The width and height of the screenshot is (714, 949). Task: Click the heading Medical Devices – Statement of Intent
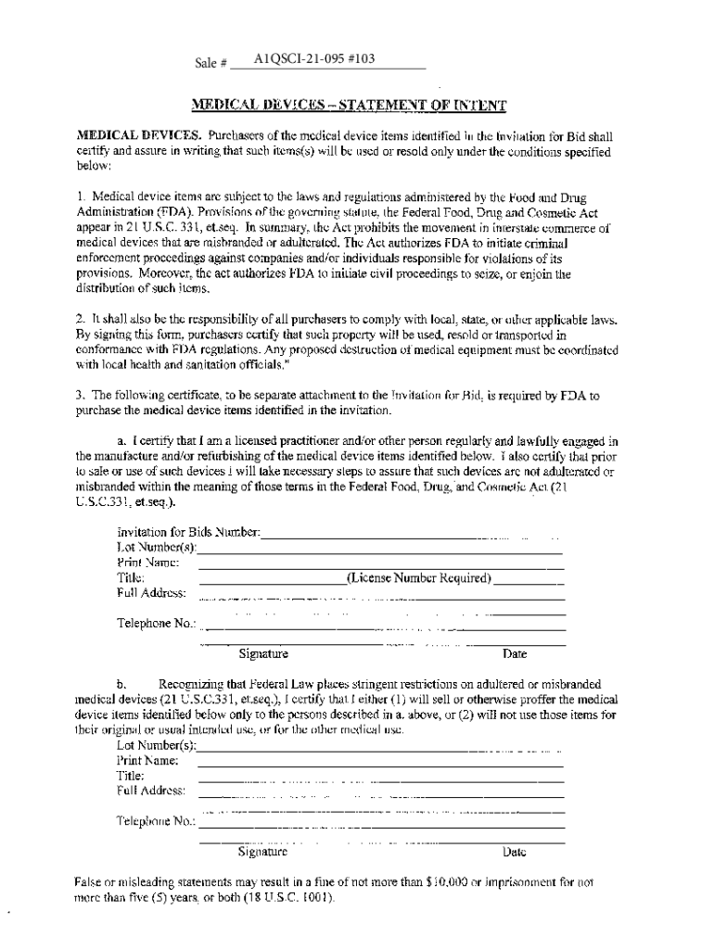[350, 106]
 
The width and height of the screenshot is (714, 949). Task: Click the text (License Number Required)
[418, 578]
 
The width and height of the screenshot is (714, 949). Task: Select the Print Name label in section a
[147, 563]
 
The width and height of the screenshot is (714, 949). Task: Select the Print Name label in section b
[147, 761]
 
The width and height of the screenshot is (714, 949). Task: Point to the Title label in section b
[130, 776]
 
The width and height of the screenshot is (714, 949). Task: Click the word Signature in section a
[263, 653]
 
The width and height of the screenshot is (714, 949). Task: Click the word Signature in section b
[262, 852]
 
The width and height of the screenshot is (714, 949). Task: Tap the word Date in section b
[514, 852]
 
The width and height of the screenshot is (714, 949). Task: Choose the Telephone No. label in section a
[157, 623]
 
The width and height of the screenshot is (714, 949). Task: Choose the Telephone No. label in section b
[156, 821]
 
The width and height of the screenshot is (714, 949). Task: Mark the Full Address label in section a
[151, 593]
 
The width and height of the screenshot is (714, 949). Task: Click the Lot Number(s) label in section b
[157, 746]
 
